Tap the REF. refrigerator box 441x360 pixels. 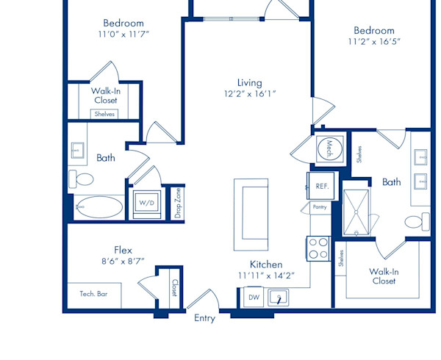pos(322,186)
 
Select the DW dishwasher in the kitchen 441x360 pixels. pos(254,297)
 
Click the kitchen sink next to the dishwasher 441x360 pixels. pos(278,298)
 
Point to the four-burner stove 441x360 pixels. pos(318,249)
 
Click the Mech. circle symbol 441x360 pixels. pos(329,149)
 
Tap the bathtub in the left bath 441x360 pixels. pos(99,207)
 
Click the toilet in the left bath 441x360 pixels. pos(82,179)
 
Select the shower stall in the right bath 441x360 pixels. pos(356,212)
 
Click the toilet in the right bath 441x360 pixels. pos(417,221)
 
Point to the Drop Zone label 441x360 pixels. pos(178,203)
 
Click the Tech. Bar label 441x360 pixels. pos(93,294)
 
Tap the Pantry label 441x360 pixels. pos(320,207)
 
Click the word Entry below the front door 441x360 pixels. pos(205,318)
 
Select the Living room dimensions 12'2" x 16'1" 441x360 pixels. pos(250,93)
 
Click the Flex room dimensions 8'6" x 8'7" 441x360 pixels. pos(123,262)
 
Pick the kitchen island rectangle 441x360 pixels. pos(251,215)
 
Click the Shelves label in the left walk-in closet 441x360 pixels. pos(104,114)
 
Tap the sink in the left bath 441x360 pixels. pos(77,151)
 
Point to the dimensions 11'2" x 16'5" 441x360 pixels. pos(374,42)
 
